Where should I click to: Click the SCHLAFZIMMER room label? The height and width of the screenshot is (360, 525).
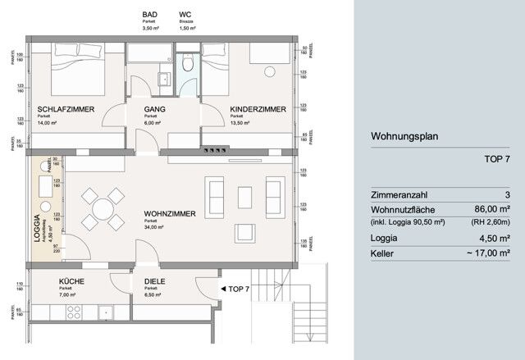[x=65, y=109]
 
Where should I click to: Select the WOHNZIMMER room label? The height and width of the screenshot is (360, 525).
[x=170, y=214]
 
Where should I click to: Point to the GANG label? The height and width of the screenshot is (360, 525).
[x=154, y=109]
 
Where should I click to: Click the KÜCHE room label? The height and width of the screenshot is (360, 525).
[x=71, y=281]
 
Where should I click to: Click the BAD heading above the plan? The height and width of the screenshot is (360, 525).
[x=149, y=15]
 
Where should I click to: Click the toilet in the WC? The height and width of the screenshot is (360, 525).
[x=189, y=64]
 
